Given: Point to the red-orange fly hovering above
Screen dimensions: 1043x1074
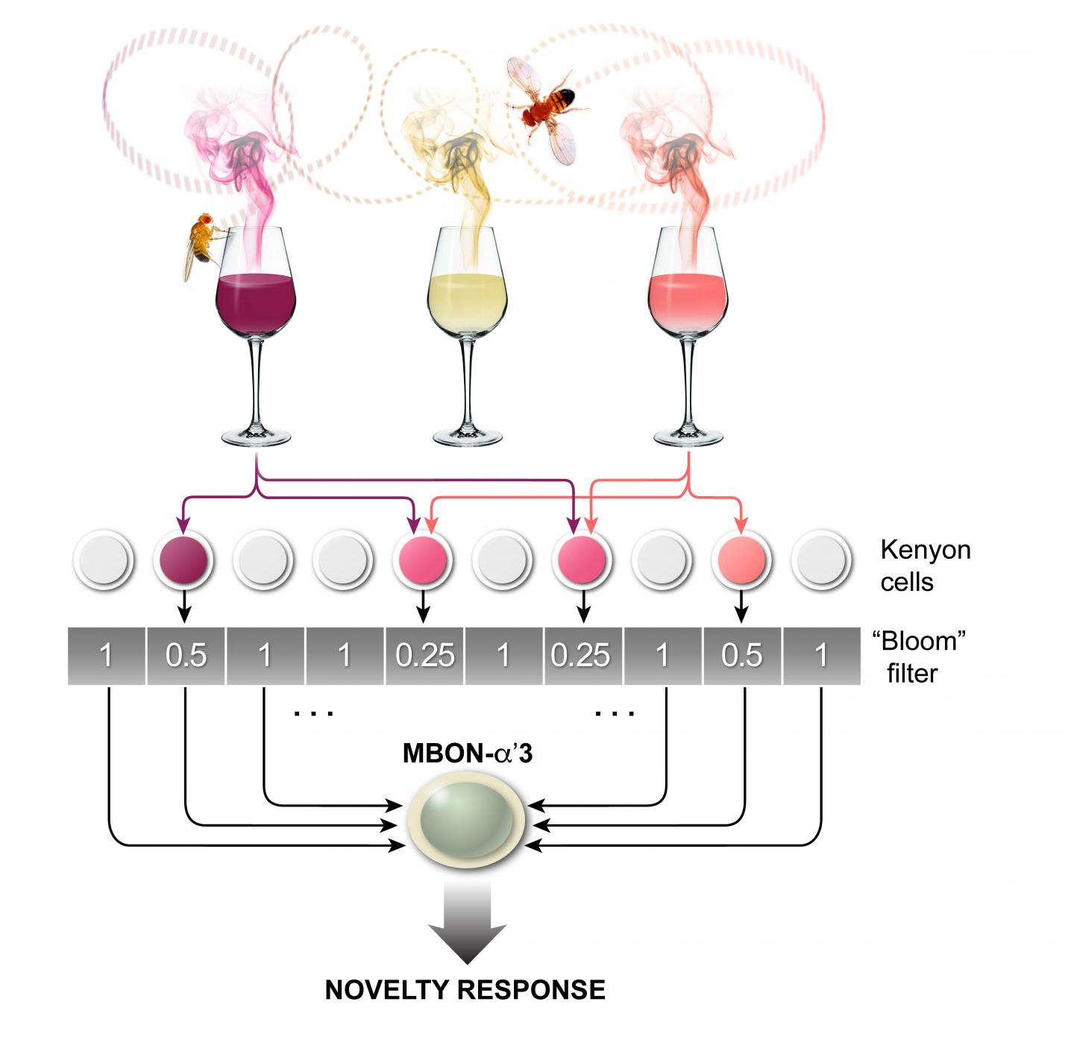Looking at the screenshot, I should pos(548,104).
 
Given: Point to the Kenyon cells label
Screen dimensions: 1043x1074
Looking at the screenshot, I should pos(925,566).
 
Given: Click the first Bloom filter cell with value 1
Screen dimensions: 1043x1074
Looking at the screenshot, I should pos(107,656).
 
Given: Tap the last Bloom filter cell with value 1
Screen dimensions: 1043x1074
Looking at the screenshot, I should pos(820,656).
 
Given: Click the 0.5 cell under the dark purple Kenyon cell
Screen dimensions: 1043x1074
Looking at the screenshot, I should pos(186,656).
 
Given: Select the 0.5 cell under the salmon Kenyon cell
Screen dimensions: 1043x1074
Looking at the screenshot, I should pos(742,656).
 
